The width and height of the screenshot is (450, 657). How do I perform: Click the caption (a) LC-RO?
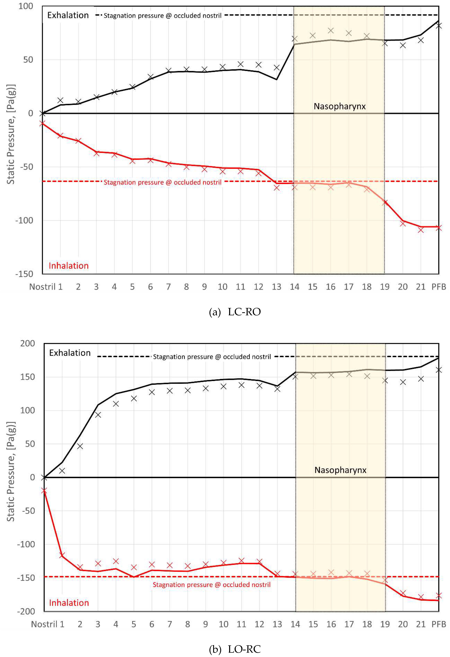point(235,312)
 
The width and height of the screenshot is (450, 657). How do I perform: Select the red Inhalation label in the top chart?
point(69,266)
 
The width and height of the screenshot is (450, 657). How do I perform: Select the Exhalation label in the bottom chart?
point(70,353)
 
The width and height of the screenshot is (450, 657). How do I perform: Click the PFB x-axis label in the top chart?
point(438,287)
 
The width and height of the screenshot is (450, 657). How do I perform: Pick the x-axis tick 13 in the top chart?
point(276,287)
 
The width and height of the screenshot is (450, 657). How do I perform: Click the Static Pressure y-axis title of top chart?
point(11,134)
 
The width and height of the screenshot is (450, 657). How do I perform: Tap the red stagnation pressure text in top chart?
point(162,182)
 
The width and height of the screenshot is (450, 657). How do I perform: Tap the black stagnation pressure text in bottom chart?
point(212,357)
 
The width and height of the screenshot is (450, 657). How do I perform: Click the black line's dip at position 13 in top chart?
point(276,79)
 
